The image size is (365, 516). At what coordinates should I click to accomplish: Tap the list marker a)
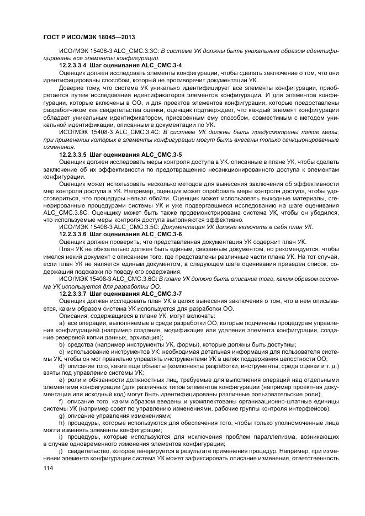62,322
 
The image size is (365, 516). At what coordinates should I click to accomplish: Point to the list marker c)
62,351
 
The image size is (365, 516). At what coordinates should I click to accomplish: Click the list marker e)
62,380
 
